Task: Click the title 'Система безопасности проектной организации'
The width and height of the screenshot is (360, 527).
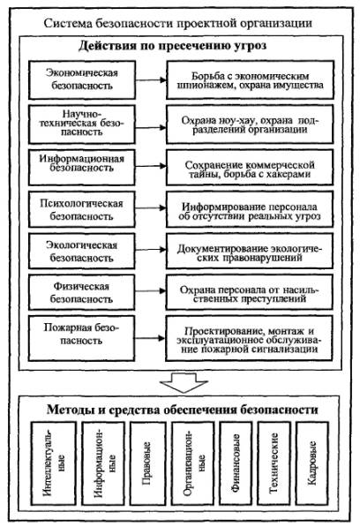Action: (x=178, y=24)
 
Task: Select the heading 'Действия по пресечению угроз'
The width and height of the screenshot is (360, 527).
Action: (x=173, y=45)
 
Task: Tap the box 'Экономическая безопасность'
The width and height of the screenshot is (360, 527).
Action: (x=82, y=79)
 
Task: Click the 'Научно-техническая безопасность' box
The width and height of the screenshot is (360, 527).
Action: (x=82, y=124)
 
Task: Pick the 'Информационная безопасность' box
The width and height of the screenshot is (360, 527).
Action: (x=82, y=167)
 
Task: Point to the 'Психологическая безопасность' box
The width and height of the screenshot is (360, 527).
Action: (x=82, y=209)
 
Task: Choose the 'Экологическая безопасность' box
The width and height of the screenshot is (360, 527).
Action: (x=82, y=251)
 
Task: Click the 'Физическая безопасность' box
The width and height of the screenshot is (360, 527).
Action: (x=82, y=292)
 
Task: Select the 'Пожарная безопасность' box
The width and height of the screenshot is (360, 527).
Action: (x=82, y=338)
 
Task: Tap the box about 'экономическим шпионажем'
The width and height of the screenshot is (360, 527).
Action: (x=251, y=79)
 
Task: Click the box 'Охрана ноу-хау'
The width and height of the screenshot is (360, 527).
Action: (x=251, y=124)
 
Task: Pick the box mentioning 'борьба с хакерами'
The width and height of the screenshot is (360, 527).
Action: (x=251, y=167)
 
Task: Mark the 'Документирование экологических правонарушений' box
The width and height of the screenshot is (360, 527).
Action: (x=251, y=251)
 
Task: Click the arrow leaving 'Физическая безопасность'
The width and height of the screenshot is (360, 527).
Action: (x=151, y=291)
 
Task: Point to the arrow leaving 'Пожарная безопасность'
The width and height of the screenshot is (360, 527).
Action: (x=151, y=338)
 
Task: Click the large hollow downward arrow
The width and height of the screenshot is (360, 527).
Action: (x=184, y=382)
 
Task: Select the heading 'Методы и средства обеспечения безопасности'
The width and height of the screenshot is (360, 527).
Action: (x=182, y=410)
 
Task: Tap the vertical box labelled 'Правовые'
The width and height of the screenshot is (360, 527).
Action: (x=147, y=463)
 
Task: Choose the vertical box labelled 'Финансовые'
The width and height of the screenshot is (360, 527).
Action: (x=236, y=463)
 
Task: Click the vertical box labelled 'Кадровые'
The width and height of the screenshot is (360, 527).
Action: (x=312, y=463)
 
